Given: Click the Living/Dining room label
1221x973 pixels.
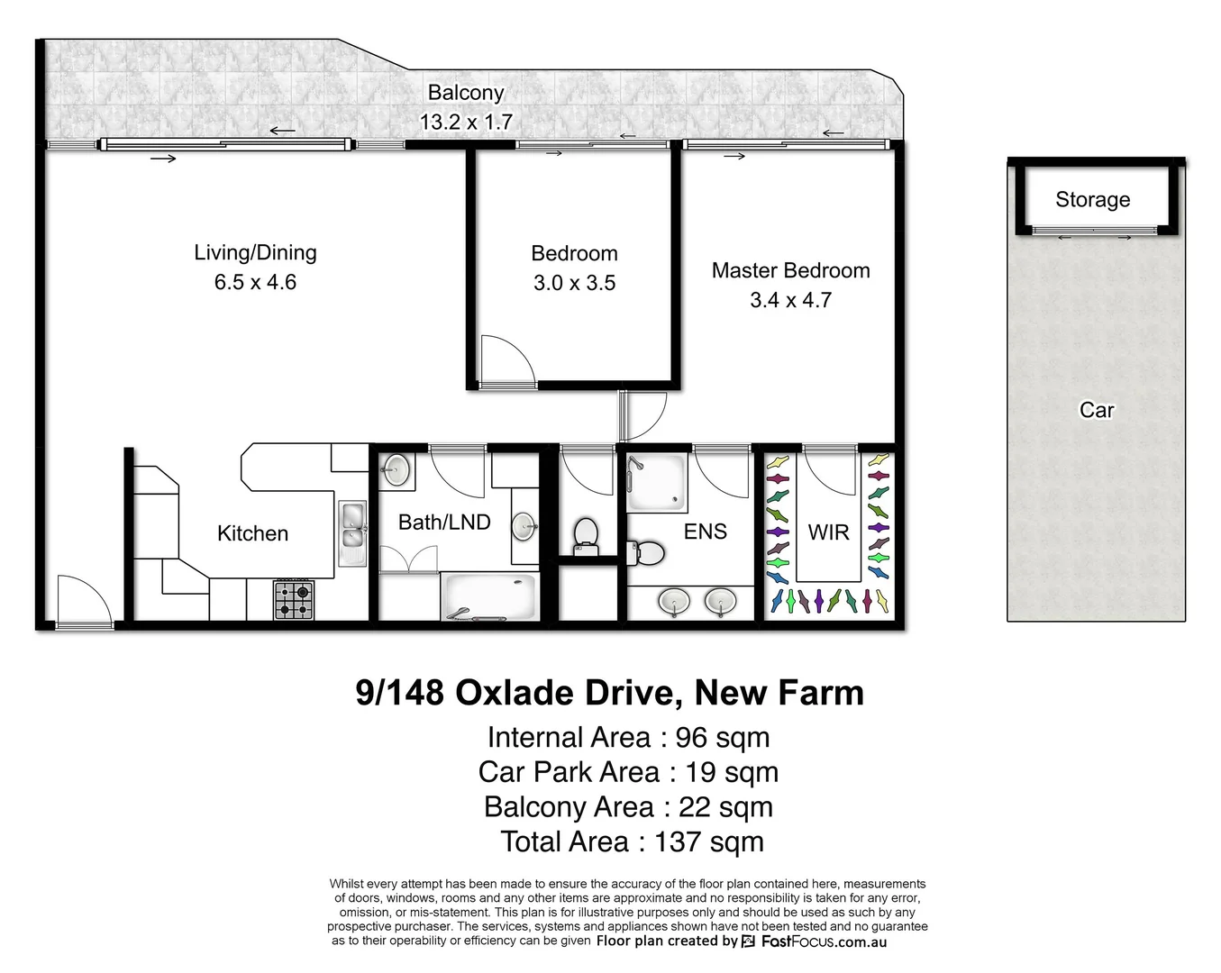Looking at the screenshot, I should pyautogui.click(x=255, y=253).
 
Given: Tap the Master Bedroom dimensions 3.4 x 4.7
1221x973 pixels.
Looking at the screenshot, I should pyautogui.click(x=790, y=300).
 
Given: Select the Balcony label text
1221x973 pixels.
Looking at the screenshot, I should pyautogui.click(x=465, y=92).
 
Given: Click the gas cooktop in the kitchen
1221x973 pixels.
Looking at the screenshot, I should pyautogui.click(x=294, y=599).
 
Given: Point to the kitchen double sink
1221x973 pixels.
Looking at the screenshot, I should pyautogui.click(x=351, y=532).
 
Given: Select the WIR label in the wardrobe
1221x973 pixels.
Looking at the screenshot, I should pyautogui.click(x=828, y=532).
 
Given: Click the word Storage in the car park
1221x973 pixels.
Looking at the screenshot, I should pyautogui.click(x=1092, y=199).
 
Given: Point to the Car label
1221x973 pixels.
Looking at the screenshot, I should pyautogui.click(x=1097, y=410).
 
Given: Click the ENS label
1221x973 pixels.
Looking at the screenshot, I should pyautogui.click(x=705, y=532).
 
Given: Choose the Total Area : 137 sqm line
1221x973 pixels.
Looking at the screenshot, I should pyautogui.click(x=632, y=841).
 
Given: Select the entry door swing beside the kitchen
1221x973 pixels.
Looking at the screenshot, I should pyautogui.click(x=80, y=599).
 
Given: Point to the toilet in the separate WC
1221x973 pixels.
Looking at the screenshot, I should pyautogui.click(x=586, y=535).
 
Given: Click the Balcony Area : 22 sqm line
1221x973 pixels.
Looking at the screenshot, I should pyautogui.click(x=628, y=807).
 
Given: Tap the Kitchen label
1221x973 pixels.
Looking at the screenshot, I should pyautogui.click(x=252, y=533).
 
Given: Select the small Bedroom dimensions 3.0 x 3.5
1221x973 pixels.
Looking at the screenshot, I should pyautogui.click(x=574, y=283).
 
